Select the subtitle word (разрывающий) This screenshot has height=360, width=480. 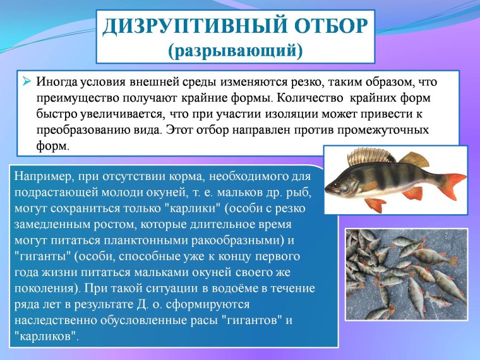235,50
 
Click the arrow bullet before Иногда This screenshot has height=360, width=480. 27,82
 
